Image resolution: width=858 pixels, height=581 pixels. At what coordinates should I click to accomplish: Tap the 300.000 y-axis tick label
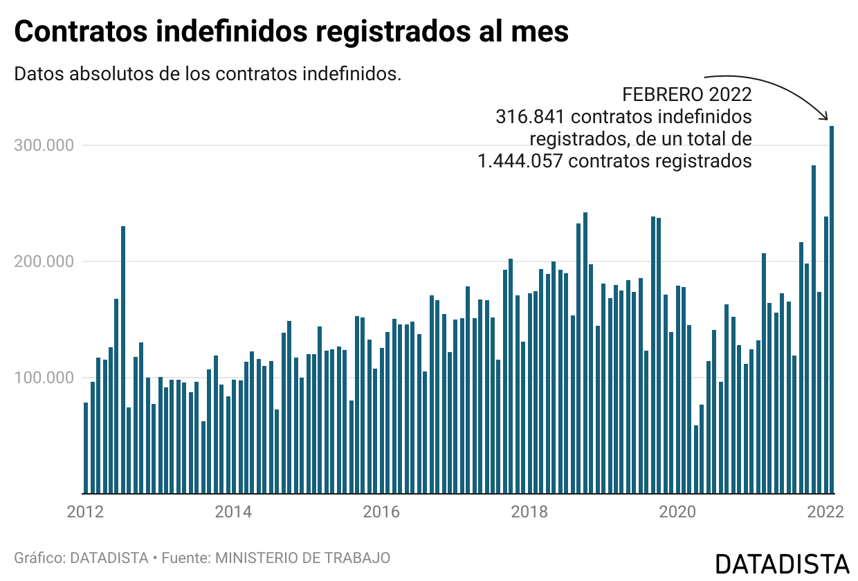44,145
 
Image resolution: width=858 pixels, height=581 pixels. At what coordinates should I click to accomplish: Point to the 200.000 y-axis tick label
44,261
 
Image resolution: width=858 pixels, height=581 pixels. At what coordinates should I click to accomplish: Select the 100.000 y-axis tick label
44,378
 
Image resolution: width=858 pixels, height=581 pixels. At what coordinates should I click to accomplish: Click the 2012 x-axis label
85,513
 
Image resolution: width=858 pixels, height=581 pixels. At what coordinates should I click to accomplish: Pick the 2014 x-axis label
233,513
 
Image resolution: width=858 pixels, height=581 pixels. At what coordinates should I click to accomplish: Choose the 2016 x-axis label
381,513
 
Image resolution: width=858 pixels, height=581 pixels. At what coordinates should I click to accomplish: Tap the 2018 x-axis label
529,513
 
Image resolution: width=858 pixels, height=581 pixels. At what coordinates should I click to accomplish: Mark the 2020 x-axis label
677,513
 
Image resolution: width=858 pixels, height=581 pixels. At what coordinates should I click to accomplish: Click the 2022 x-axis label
825,513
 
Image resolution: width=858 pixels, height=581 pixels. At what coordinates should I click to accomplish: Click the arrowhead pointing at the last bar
825,117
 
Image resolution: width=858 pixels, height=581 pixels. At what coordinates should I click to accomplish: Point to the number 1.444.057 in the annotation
519,161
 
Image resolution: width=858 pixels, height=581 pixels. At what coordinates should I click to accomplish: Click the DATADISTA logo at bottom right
781,564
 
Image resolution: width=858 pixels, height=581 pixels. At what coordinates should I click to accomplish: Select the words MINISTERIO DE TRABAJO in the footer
303,557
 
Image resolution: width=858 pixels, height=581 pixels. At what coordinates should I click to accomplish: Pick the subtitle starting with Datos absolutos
208,73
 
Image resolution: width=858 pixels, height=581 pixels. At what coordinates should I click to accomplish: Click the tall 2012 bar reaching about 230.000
123,360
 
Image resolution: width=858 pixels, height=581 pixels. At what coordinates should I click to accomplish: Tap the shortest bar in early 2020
696,459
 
